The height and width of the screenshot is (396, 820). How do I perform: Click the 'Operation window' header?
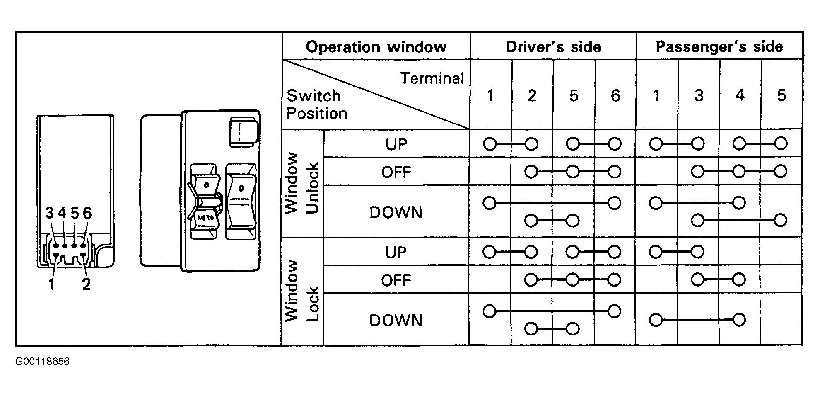click(x=376, y=47)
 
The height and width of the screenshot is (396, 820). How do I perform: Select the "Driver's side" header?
click(x=553, y=47)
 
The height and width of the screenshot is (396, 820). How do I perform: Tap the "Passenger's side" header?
click(x=719, y=46)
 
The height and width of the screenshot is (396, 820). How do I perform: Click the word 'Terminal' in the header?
click(x=432, y=78)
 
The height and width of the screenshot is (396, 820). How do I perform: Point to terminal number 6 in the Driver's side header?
click(x=615, y=96)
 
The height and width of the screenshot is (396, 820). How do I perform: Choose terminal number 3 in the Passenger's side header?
click(x=699, y=96)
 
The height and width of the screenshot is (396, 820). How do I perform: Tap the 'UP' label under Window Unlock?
click(x=396, y=144)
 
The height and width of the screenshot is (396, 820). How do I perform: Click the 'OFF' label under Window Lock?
click(x=396, y=280)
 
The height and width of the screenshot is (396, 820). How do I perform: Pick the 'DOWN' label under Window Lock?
click(x=396, y=321)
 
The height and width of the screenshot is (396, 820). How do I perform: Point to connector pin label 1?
click(x=52, y=284)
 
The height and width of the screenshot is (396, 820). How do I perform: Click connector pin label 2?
click(x=86, y=284)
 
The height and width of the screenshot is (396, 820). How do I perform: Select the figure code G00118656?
click(x=43, y=362)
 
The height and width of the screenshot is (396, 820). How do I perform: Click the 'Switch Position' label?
click(x=317, y=104)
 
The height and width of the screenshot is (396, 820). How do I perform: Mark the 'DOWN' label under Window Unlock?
click(x=396, y=213)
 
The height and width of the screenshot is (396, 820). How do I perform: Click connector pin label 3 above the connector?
click(x=50, y=213)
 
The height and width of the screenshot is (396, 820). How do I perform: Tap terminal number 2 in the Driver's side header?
click(x=532, y=96)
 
